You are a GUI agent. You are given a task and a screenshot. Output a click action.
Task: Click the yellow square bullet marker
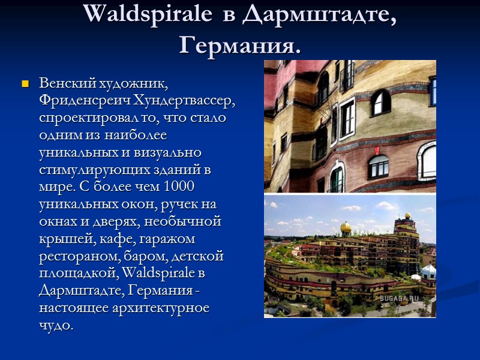25,83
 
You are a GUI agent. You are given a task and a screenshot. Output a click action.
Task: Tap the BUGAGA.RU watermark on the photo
399,298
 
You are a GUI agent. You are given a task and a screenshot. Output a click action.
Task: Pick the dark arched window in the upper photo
380,103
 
